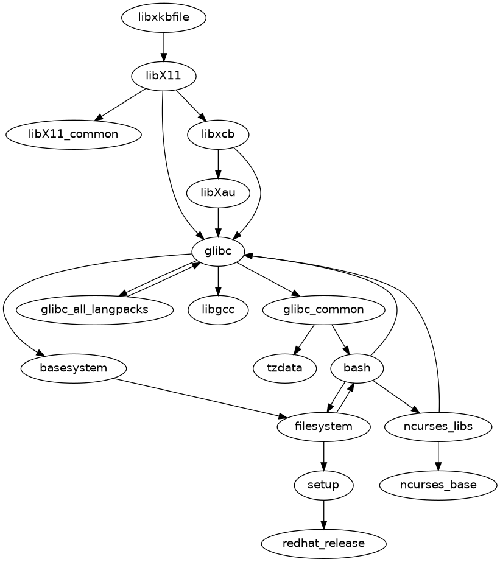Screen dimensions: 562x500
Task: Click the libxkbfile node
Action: tap(164, 18)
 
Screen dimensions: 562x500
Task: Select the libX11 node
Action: tap(164, 76)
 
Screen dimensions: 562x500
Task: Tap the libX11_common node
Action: tap(74, 134)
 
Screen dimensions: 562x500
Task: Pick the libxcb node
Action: tap(218, 134)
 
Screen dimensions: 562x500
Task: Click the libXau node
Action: tap(218, 192)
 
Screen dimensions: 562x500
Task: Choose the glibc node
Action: tap(218, 251)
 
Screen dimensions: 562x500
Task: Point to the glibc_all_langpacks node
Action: tap(94, 309)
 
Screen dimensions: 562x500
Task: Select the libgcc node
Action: tap(218, 309)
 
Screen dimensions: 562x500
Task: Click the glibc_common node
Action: tap(323, 309)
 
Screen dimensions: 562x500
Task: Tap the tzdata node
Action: tap(284, 368)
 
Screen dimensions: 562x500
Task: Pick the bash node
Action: tap(357, 368)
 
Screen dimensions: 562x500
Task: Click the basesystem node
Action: tap(74, 368)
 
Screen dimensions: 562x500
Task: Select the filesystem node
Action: tap(323, 426)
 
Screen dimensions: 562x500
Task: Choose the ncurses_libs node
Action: tap(438, 426)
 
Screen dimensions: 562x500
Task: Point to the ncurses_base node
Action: tap(438, 485)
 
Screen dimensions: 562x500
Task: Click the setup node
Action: tap(323, 485)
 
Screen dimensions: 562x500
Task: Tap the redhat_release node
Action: tap(323, 543)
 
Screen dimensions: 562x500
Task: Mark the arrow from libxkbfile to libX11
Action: tap(164, 47)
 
